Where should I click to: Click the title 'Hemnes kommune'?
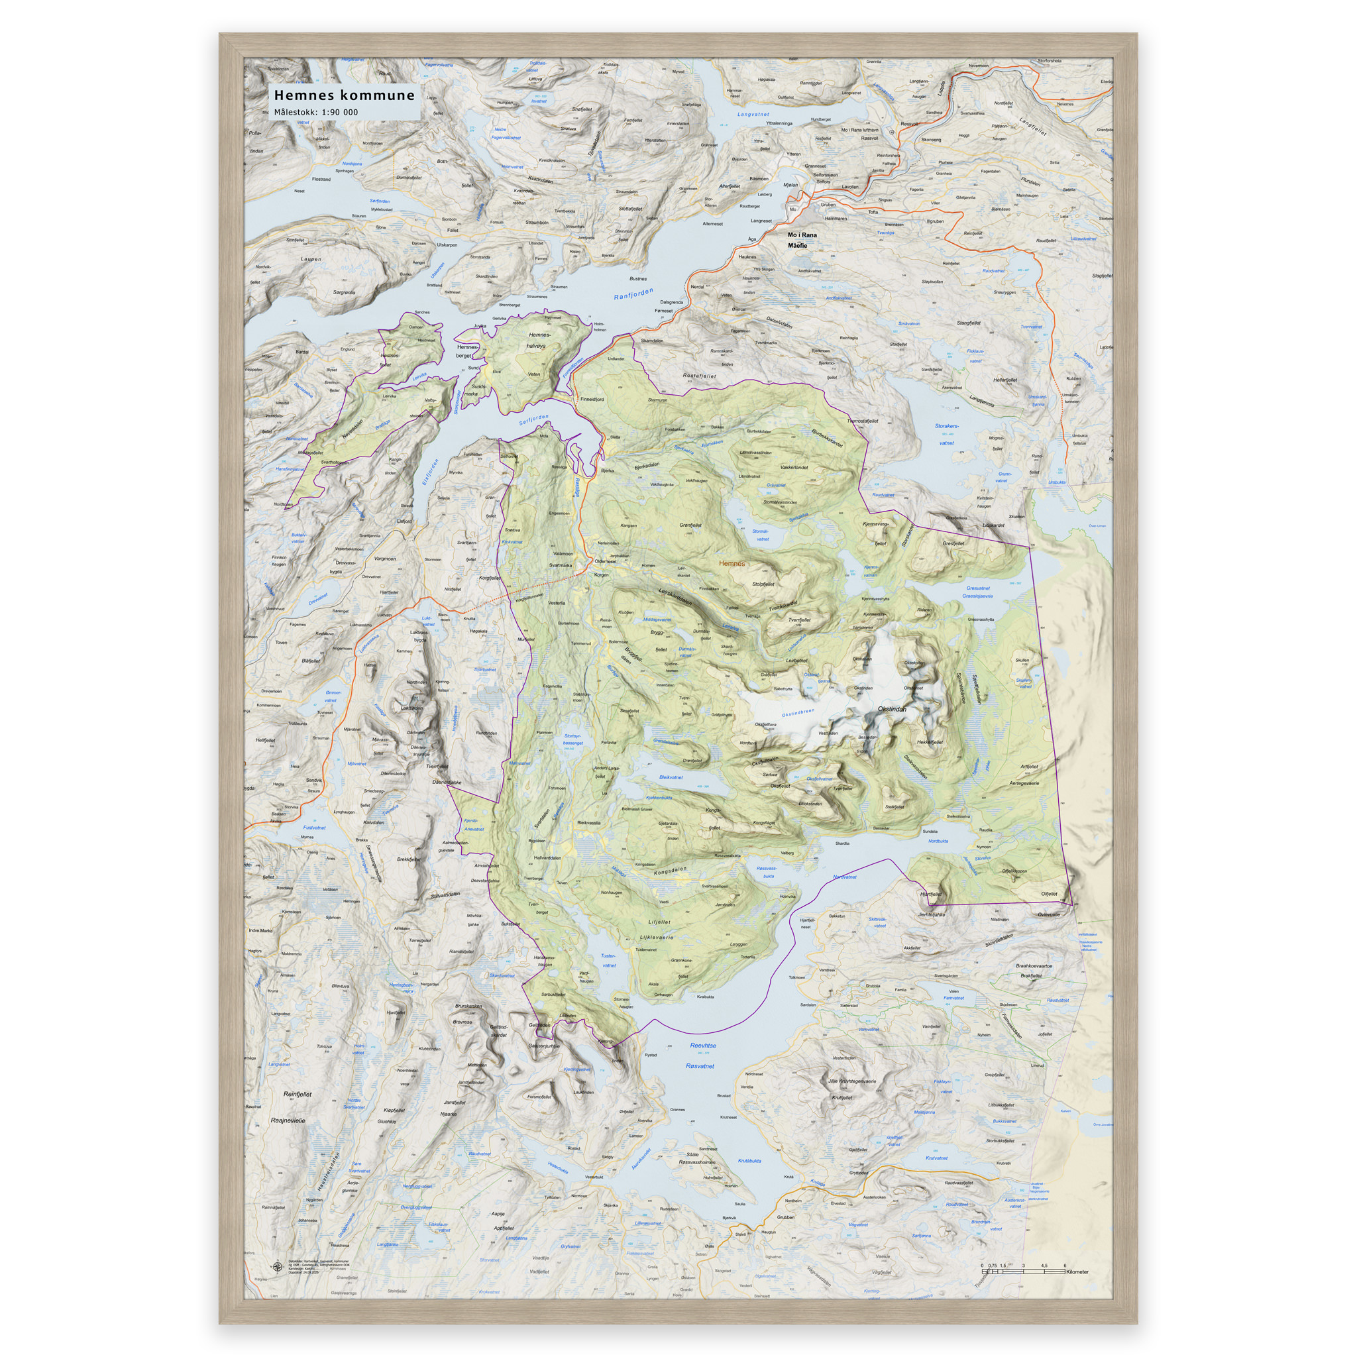344,95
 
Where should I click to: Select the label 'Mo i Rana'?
802,235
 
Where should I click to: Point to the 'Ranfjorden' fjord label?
633,294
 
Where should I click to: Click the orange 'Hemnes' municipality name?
732,563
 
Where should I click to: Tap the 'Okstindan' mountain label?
892,710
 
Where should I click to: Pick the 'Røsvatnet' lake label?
700,1066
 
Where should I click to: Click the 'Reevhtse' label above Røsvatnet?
703,1046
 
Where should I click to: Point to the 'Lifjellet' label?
659,922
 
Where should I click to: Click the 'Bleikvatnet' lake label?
671,777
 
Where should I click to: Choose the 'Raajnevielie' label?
288,1120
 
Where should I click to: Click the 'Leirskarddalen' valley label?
675,597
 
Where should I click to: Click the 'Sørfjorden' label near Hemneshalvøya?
534,420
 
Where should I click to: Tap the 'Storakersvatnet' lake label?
946,434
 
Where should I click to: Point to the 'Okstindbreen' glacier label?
798,714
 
